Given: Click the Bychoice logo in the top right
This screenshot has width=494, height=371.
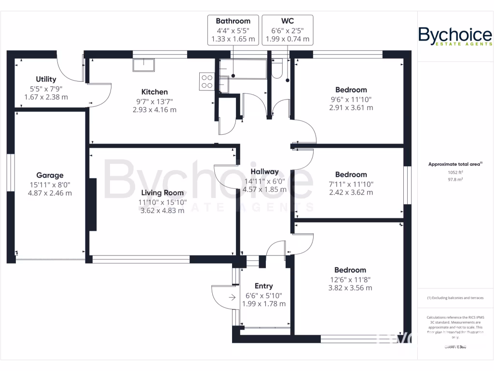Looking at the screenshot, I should click(x=455, y=37).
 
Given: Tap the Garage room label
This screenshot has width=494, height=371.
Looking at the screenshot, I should click(x=50, y=175).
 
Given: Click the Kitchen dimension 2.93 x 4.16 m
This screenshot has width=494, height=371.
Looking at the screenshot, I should click(x=154, y=110).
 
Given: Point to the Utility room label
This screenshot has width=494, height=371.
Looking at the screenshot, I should click(x=46, y=79).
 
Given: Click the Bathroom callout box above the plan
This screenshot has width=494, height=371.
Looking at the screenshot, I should click(x=233, y=30).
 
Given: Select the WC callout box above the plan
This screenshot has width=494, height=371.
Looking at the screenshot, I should click(x=288, y=30).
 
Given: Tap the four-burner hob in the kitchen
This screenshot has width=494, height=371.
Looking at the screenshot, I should click(x=207, y=81).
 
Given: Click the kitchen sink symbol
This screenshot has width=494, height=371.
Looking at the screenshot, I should click(x=144, y=65).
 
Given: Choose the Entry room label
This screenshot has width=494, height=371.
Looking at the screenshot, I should click(x=263, y=286).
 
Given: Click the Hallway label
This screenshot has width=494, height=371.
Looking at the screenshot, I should click(x=265, y=171).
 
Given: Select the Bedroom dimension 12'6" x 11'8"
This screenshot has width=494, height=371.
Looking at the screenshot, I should click(x=350, y=279).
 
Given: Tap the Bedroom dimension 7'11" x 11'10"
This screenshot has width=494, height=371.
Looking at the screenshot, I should click(x=351, y=184).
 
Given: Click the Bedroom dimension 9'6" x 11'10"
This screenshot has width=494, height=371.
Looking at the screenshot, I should click(x=351, y=99).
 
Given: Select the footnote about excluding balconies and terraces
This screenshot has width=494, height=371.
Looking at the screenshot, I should click(x=455, y=298).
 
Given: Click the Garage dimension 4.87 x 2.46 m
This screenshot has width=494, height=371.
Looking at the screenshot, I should click(x=50, y=193).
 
